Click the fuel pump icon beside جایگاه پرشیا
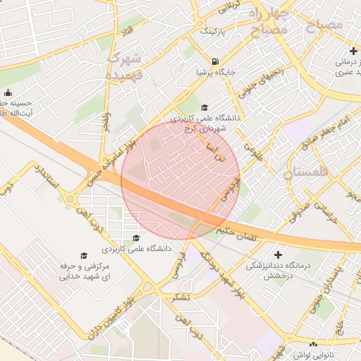(x=214, y=61)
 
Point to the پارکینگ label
(x=214, y=32)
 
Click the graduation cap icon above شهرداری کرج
(x=204, y=107)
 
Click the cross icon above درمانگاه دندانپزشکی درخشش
(x=278, y=254)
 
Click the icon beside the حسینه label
(x=8, y=93)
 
